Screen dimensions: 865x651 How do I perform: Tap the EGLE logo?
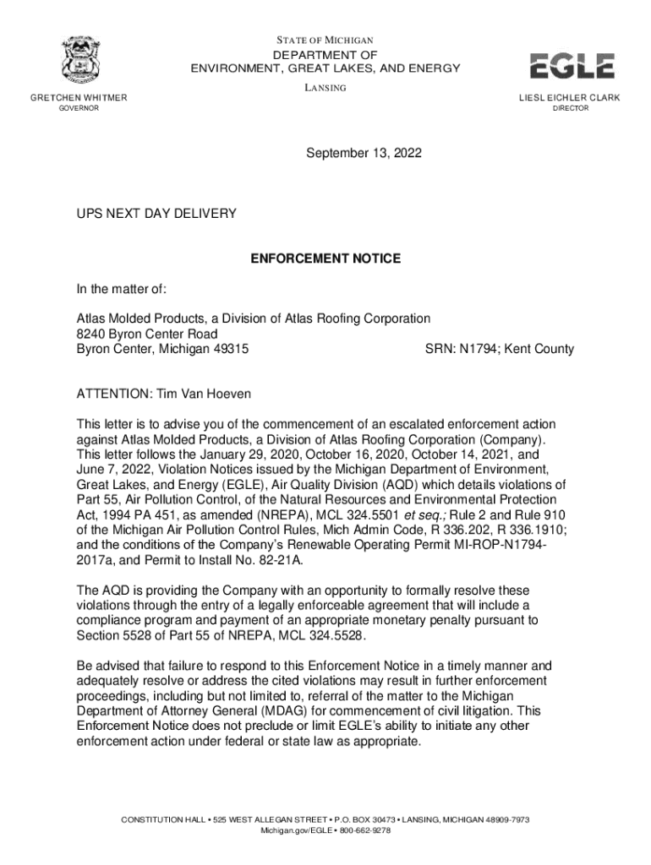click(x=572, y=65)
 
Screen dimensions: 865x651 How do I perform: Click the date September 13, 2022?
click(x=364, y=154)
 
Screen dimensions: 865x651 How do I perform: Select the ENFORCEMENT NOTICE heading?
click(x=325, y=258)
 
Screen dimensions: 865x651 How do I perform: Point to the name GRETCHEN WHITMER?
click(x=79, y=98)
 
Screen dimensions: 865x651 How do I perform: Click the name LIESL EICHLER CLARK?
click(x=569, y=98)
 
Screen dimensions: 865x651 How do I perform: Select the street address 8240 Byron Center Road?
click(x=141, y=334)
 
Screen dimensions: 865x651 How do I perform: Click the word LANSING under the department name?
click(x=325, y=88)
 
